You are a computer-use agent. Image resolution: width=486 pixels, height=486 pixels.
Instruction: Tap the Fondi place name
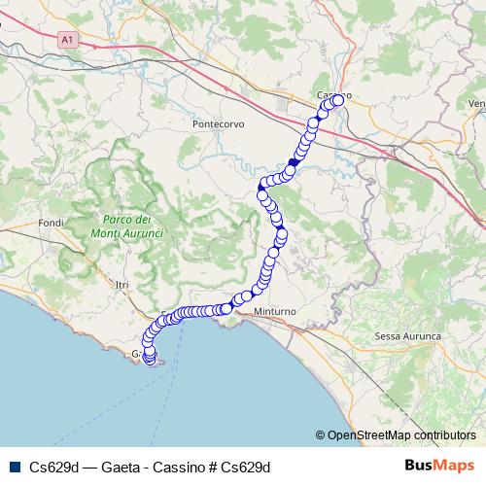point(50,223)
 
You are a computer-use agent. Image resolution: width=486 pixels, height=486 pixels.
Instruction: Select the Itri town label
point(121,284)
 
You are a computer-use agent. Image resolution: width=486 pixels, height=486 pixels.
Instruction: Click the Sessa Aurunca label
point(407,335)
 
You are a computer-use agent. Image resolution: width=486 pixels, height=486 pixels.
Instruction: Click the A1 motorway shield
point(66,40)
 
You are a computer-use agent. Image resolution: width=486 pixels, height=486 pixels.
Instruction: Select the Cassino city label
point(332,94)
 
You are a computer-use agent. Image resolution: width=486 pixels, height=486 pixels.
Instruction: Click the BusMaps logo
point(439,466)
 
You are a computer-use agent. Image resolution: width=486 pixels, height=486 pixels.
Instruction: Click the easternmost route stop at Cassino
point(340,99)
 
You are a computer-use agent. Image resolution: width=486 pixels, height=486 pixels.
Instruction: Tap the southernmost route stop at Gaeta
point(149,361)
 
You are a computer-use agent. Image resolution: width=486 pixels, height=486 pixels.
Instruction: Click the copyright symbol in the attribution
point(321,434)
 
